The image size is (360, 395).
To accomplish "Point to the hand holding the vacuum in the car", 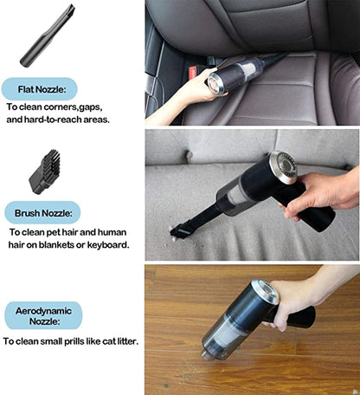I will [177, 96].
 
